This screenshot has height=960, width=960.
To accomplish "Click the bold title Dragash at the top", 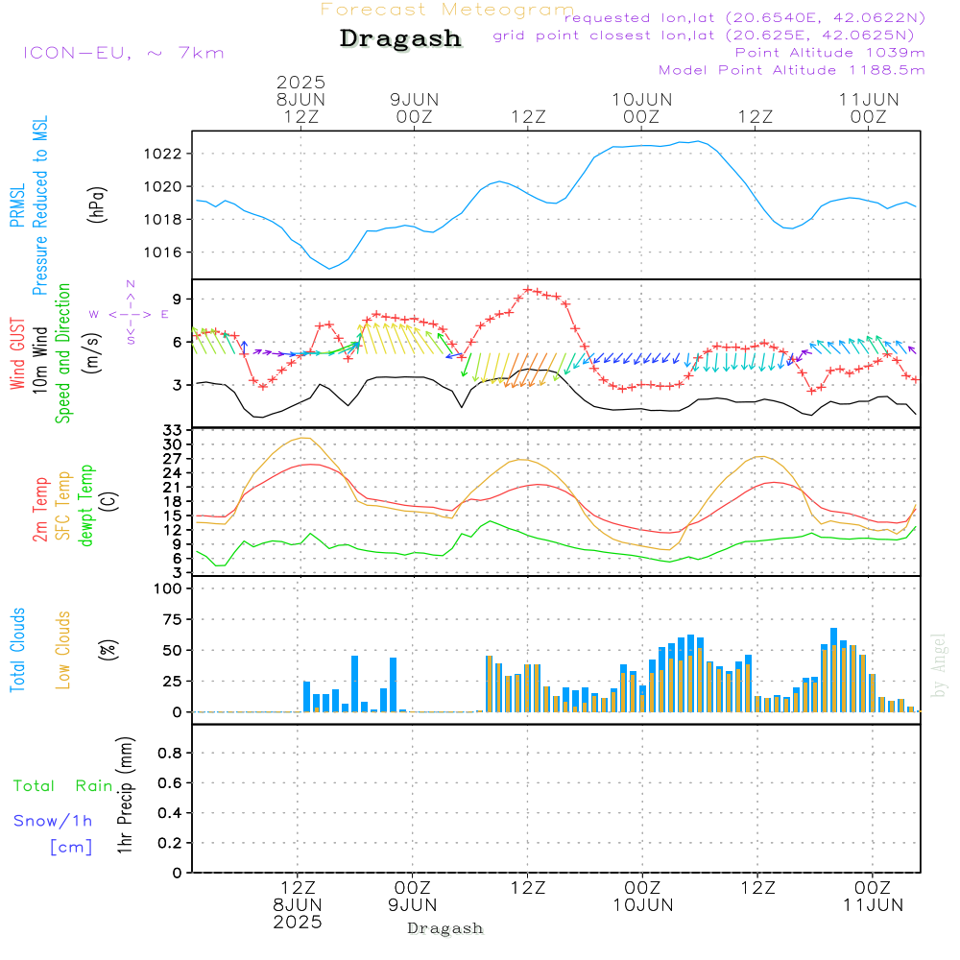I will click(x=400, y=39).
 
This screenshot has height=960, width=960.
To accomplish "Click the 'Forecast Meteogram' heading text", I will click(x=447, y=10).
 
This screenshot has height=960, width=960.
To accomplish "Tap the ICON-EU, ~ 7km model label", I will click(x=123, y=53).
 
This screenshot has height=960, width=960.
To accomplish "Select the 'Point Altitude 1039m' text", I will click(x=829, y=53).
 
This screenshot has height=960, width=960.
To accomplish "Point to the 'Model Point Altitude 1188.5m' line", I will click(x=791, y=70).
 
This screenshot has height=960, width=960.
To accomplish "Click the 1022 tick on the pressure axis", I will click(x=167, y=154).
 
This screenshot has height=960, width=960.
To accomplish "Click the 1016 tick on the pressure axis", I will click(x=167, y=252).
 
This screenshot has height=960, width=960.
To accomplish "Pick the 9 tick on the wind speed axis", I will click(x=179, y=300).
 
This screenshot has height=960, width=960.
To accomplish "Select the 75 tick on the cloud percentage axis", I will click(x=171, y=620).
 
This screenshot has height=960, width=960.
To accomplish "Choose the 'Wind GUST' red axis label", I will click(x=18, y=355).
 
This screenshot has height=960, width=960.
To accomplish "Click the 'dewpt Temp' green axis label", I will click(x=86, y=505).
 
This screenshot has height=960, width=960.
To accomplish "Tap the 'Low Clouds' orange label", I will click(x=63, y=650).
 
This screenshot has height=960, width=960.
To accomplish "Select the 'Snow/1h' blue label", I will click(x=54, y=822).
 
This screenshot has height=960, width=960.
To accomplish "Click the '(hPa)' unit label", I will click(x=96, y=203).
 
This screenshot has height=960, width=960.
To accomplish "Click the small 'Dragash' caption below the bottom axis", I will click(x=445, y=928).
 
